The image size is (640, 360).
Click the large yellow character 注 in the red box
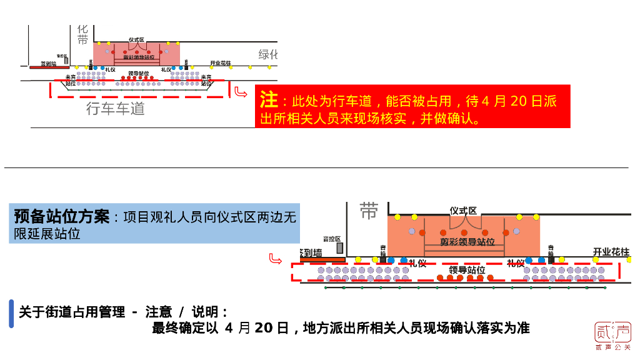pos(269,100)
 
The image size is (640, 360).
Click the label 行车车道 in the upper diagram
pos(116,109)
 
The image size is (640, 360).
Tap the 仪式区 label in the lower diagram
pos(463,211)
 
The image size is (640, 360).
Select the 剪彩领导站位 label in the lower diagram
pos(467,242)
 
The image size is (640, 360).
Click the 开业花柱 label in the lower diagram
pos(611,252)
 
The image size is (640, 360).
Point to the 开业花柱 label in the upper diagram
pos(221,63)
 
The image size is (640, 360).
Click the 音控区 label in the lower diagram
pos(332,239)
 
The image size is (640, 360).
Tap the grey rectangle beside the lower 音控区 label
pos(339,248)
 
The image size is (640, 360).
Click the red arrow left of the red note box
pos(241,93)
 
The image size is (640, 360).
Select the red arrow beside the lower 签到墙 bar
pos(275,259)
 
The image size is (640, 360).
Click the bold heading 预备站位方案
pos(61,217)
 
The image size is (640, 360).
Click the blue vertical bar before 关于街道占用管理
pos(11,313)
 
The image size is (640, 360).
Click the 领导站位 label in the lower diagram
pos(467,270)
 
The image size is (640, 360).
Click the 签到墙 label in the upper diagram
pos(48,63)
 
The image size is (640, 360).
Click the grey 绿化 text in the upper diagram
pos(268,54)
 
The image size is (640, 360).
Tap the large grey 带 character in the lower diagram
pos(369,211)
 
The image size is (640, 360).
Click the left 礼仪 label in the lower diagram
pos(418,263)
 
